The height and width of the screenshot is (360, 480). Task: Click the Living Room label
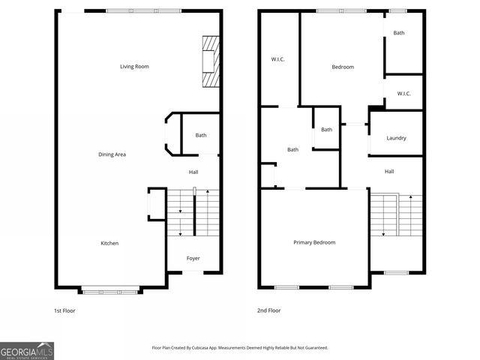tap(134, 67)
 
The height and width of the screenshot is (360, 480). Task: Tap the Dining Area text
tap(112, 154)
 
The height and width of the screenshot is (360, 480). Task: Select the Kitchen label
tap(109, 243)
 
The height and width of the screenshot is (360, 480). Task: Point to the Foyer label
tap(193, 258)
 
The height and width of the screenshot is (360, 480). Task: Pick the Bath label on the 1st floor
tap(200, 135)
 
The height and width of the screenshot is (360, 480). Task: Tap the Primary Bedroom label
tap(313, 242)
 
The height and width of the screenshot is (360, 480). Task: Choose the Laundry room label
tap(396, 138)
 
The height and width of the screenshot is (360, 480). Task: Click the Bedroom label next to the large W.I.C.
tap(342, 67)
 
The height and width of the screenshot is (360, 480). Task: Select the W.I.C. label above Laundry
tap(403, 94)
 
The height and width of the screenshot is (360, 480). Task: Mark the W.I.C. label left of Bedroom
tap(277, 60)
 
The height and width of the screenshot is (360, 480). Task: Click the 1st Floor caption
tap(64, 310)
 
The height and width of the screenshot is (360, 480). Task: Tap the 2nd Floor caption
tap(269, 310)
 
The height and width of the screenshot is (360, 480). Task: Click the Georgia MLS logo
tap(27, 350)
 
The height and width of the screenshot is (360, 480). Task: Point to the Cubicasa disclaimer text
tap(239, 348)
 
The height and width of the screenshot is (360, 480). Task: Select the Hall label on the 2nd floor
tap(389, 172)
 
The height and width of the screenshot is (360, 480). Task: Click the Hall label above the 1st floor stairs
tap(193, 172)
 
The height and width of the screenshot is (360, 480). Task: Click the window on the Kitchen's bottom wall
tap(109, 290)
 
